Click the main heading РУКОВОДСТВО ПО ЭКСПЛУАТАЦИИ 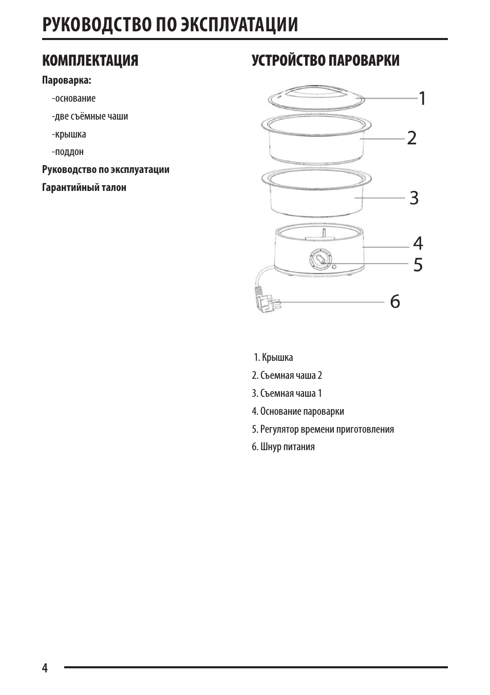click(x=170, y=25)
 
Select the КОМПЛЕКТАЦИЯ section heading click(x=90, y=61)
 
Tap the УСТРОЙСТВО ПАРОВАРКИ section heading click(x=325, y=61)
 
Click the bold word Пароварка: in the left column click(x=67, y=81)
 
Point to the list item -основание click(x=73, y=99)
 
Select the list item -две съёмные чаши click(x=90, y=117)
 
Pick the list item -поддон click(x=68, y=152)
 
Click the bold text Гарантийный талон click(x=84, y=187)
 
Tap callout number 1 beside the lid click(x=421, y=98)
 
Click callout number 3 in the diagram click(x=414, y=198)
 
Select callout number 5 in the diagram click(x=418, y=265)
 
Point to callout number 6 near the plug click(x=394, y=302)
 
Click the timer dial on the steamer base click(x=319, y=259)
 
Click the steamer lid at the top click(x=315, y=97)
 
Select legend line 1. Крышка click(x=273, y=357)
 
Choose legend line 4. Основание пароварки click(x=298, y=411)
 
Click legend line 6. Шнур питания click(x=283, y=447)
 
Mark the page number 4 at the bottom click(x=45, y=668)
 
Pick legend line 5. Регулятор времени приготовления click(x=323, y=429)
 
